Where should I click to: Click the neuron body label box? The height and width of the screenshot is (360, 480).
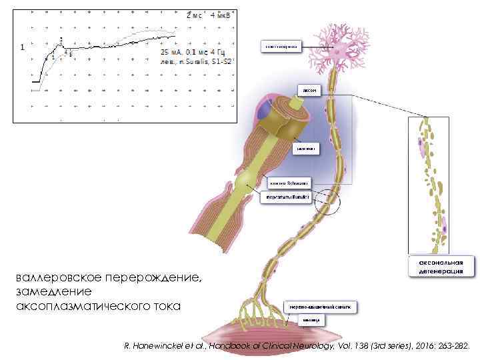(280, 47)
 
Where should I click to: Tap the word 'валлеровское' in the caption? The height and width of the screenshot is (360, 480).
(54, 277)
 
